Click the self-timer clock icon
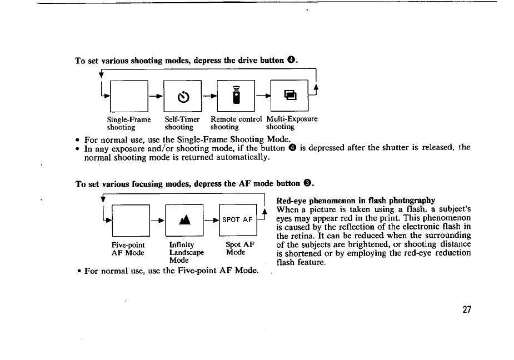coord(182,97)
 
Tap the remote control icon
coord(236,96)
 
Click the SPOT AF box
coord(238,219)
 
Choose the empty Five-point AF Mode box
coord(129,220)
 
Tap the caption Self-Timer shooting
coord(182,123)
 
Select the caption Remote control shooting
coord(236,123)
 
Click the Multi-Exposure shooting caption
coord(292,123)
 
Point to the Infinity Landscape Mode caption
coord(186,252)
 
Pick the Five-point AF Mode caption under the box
coord(128,248)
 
